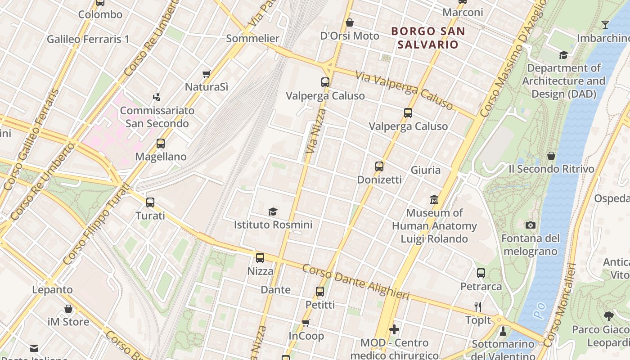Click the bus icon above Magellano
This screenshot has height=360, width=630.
(x=161, y=144)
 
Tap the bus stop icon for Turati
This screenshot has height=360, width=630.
(x=150, y=202)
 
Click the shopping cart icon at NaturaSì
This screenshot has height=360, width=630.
(x=207, y=74)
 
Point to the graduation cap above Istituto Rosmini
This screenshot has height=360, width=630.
(x=273, y=211)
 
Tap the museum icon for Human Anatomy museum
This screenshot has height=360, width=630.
(x=434, y=199)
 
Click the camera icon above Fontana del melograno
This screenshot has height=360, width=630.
(x=531, y=225)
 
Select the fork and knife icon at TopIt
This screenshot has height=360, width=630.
(x=478, y=307)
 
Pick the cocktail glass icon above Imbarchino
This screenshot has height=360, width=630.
(x=605, y=25)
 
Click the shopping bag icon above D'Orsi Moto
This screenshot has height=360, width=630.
(x=350, y=22)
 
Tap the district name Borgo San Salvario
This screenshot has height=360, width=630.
(x=427, y=38)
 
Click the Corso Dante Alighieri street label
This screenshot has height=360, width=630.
(x=355, y=282)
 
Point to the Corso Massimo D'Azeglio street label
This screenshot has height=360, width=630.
(x=513, y=58)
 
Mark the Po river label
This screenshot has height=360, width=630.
(x=540, y=310)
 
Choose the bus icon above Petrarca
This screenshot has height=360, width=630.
(x=481, y=273)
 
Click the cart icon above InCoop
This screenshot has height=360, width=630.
(x=306, y=323)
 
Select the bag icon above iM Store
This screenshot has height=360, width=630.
(x=68, y=309)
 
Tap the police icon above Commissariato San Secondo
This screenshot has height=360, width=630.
(x=157, y=97)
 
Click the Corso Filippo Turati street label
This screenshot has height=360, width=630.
(x=96, y=225)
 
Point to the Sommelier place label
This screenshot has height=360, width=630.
(x=252, y=38)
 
